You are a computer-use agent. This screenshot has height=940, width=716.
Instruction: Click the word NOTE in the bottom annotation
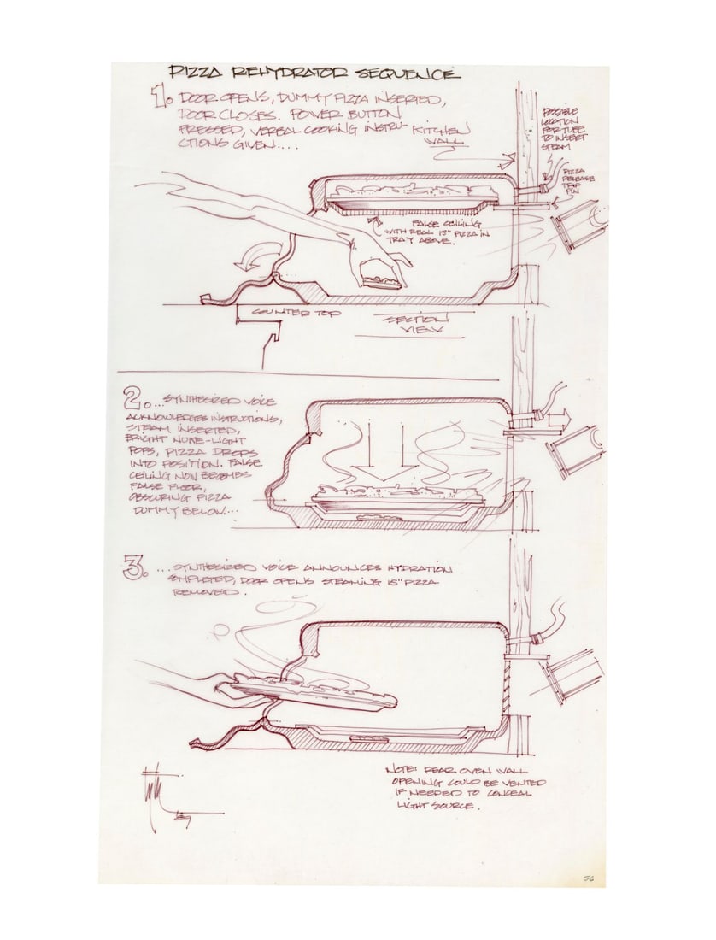click(x=403, y=768)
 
